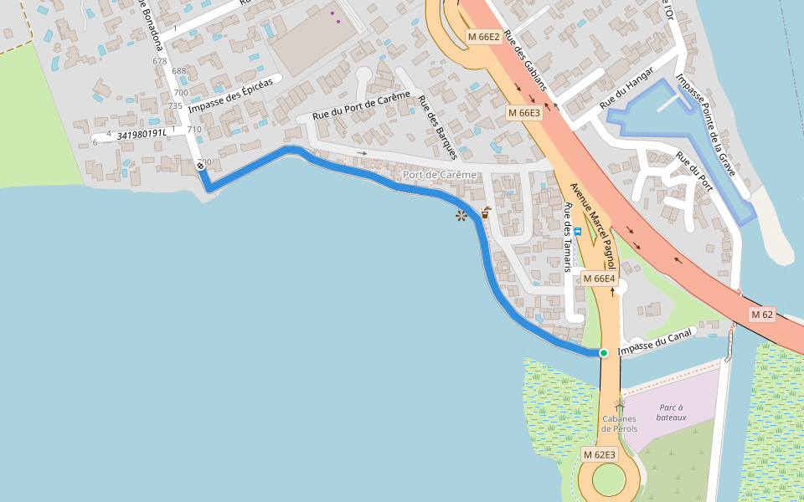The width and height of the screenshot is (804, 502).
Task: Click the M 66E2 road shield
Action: (x=483, y=37)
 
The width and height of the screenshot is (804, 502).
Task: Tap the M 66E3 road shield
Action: (x=524, y=113)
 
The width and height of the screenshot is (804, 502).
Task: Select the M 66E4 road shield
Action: (x=599, y=278)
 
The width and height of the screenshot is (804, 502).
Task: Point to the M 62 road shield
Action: (x=761, y=315)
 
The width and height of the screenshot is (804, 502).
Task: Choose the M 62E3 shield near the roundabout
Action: (x=599, y=454)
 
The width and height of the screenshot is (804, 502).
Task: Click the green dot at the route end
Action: (x=603, y=353)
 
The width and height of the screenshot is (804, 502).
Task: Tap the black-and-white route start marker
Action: (x=201, y=166)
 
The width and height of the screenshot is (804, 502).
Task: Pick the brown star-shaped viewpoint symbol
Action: (x=461, y=216)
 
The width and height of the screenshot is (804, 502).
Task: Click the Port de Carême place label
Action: (x=439, y=175)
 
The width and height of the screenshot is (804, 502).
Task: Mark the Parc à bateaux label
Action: (x=671, y=412)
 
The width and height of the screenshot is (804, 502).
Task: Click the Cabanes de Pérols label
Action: (x=619, y=423)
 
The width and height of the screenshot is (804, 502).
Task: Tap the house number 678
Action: (x=159, y=61)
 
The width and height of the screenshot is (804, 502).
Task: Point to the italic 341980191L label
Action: (x=142, y=134)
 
